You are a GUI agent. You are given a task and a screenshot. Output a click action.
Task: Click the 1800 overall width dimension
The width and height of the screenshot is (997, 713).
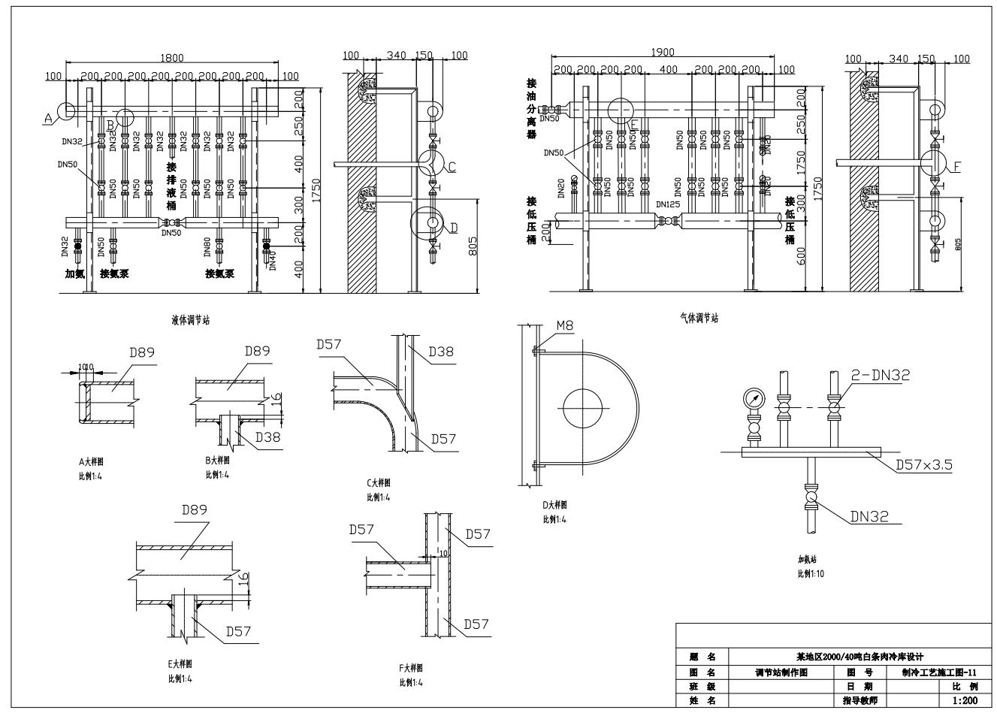(172, 58)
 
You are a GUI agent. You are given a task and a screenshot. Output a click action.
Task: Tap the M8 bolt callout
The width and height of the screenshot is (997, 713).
(566, 326)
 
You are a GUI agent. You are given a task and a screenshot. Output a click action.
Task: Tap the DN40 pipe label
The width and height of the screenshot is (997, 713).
(273, 260)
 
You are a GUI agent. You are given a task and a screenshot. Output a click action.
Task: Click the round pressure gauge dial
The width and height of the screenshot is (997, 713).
(754, 398)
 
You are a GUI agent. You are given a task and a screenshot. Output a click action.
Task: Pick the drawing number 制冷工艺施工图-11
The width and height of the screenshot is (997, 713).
(939, 672)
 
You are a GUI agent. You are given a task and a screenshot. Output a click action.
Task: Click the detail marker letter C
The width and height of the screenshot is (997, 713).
(452, 168)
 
